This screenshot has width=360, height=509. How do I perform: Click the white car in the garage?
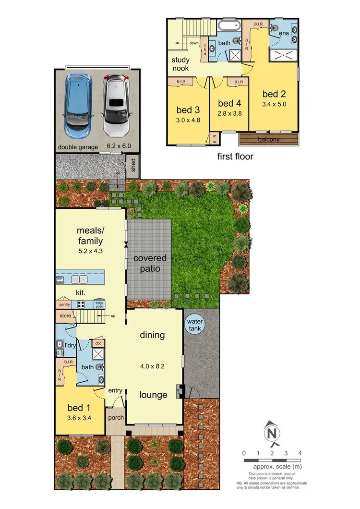pyautogui.click(x=116, y=104)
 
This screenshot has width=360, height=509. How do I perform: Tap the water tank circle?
pyautogui.click(x=195, y=324)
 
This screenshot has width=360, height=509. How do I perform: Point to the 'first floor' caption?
pyautogui.click(x=235, y=156)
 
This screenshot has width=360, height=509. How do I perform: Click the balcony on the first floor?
pyautogui.click(x=269, y=140)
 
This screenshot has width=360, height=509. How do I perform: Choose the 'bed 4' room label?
pyautogui.click(x=229, y=104)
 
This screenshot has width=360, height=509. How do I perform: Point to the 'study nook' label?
pyautogui.click(x=180, y=64)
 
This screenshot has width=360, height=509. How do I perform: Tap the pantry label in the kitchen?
pyautogui.click(x=65, y=304)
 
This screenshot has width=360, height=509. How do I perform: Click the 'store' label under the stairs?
pyautogui.click(x=65, y=316)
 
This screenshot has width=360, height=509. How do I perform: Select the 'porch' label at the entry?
pyautogui.click(x=115, y=418)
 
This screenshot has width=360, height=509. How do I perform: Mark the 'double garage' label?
pyautogui.click(x=78, y=147)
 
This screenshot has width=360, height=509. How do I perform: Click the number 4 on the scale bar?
pyautogui.click(x=300, y=453)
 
